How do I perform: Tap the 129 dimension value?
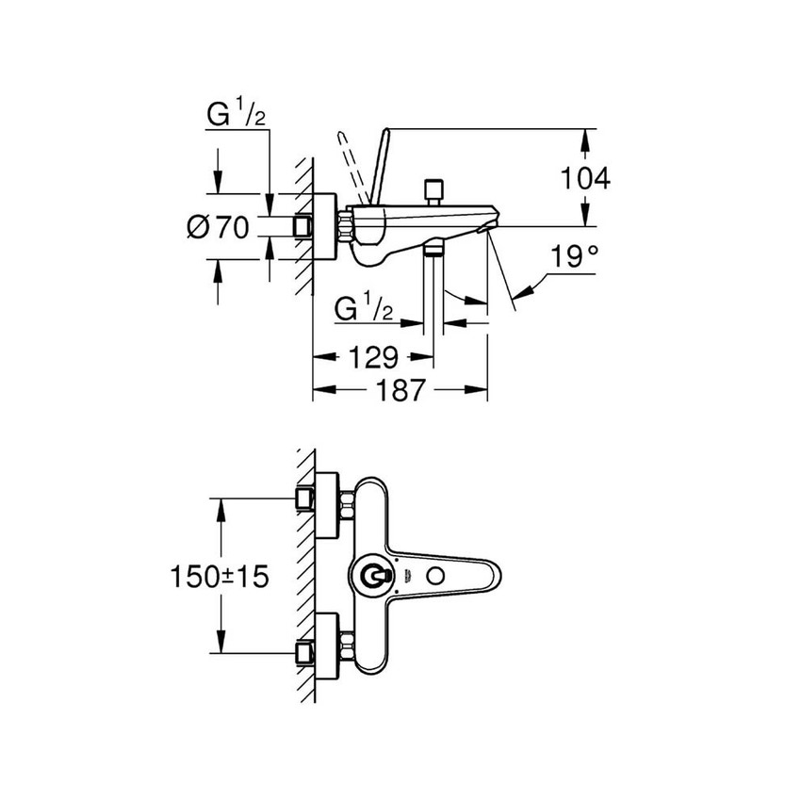coord(373,357)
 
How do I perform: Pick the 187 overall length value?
coord(401,390)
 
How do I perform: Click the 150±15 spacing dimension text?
coord(220,576)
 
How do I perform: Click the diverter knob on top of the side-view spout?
coord(433,190)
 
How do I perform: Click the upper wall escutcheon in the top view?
coord(324,501)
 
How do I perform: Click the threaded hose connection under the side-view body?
coord(433,250)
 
